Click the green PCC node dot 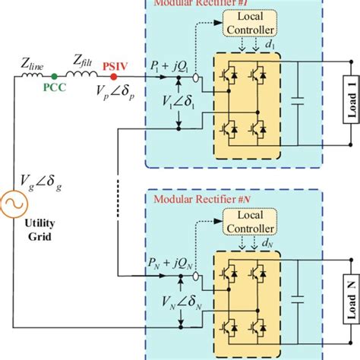pos(54,77)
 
